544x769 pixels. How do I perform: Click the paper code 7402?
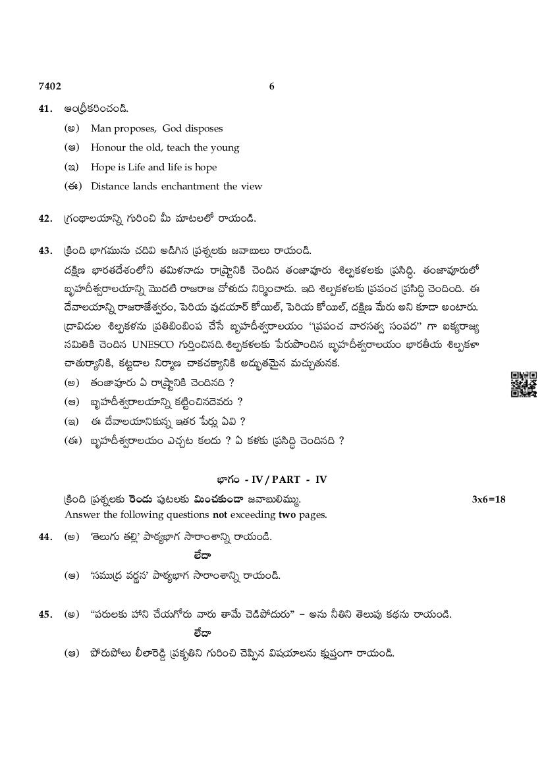tap(49, 86)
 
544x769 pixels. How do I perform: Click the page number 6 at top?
tap(272, 86)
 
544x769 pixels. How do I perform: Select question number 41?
tap(45, 109)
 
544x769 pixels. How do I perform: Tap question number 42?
tap(45, 218)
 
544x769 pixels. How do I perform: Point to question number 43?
tap(45, 251)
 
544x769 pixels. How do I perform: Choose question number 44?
tap(45, 537)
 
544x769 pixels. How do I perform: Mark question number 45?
tap(45, 614)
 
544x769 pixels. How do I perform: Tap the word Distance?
tap(111, 186)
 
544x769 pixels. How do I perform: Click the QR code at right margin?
tap(524, 384)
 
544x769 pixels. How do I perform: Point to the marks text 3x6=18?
tap(489, 499)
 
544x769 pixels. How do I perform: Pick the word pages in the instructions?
tap(312, 515)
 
